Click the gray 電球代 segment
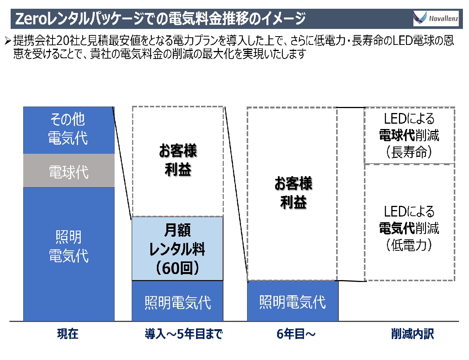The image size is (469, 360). pos(69,171)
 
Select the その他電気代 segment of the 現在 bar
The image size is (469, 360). pos(69,130)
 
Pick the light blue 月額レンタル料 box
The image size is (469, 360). pos(177,248)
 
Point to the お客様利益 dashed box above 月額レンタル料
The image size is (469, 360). pos(178,161)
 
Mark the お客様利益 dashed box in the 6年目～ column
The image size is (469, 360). pos(292,193)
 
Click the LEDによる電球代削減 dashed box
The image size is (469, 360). pos(409,135)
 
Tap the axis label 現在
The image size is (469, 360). pos(68,335)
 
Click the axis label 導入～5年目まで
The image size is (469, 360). pos(183,335)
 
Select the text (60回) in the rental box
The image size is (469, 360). pos(177,268)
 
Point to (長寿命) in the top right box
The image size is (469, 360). pos(409,153)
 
